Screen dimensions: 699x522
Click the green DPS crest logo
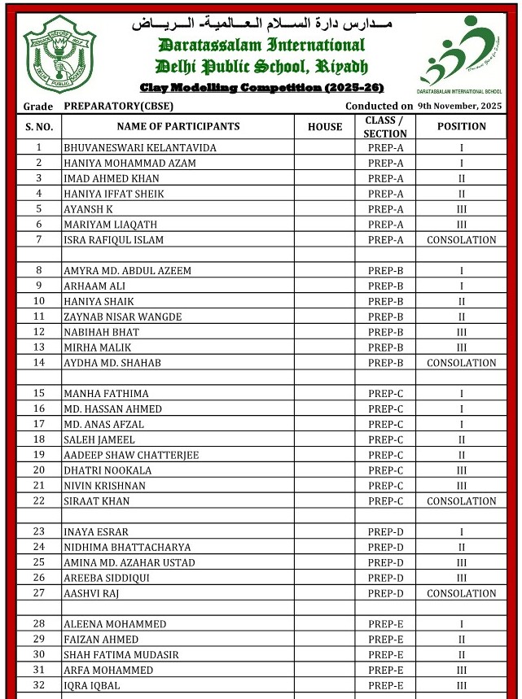click(x=59, y=53)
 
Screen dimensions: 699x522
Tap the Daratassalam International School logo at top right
click(x=461, y=49)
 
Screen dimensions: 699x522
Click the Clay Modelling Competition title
click(x=261, y=87)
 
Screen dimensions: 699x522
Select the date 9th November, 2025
click(x=459, y=106)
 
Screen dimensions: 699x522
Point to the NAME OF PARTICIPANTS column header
click(x=178, y=126)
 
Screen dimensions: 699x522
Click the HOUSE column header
click(x=325, y=126)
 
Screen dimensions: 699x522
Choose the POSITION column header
click(x=461, y=126)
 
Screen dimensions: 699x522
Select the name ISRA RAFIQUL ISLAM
click(x=113, y=240)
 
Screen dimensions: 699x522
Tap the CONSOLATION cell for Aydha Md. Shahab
click(x=461, y=363)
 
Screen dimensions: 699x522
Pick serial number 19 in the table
click(x=39, y=455)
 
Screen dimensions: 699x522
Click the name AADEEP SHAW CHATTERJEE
click(x=131, y=455)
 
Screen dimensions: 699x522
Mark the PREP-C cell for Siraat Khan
click(x=385, y=501)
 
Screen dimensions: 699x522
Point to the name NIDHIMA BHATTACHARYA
click(x=127, y=548)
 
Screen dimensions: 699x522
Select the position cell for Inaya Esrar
click(x=461, y=532)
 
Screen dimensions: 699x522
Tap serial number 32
click(x=39, y=686)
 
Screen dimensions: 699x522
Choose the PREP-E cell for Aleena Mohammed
click(x=385, y=624)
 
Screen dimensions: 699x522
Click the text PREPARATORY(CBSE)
click(x=114, y=107)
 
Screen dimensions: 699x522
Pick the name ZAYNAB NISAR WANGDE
click(x=122, y=317)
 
